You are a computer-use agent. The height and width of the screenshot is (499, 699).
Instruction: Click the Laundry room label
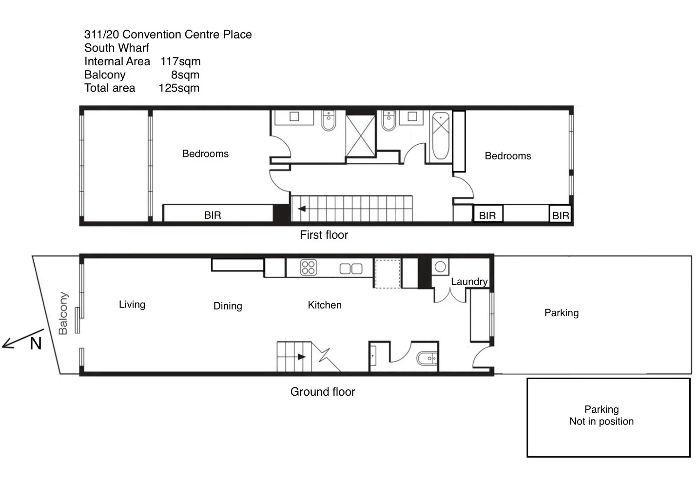(469, 282)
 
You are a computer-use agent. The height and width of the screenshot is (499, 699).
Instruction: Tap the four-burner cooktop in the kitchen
(308, 268)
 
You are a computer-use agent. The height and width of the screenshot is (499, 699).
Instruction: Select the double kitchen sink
(351, 269)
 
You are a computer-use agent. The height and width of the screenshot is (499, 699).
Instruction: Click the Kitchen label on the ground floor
(325, 305)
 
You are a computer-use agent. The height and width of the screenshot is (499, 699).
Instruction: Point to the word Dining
(228, 306)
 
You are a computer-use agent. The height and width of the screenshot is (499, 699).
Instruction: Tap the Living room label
(132, 305)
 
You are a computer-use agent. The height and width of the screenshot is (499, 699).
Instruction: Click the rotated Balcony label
(63, 313)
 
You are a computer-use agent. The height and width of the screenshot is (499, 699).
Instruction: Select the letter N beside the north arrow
(36, 344)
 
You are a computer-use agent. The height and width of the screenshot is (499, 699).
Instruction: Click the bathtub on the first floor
(441, 136)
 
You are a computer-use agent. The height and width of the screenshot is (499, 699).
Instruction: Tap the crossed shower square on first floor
(360, 136)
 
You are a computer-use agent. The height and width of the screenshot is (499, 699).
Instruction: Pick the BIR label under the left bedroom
(213, 215)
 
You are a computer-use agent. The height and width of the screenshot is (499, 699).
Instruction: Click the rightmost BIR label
(561, 215)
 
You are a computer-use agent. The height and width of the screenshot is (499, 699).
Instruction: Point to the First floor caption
(324, 235)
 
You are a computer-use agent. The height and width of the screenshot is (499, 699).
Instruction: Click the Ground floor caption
(323, 392)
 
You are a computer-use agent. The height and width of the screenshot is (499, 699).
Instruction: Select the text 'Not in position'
(602, 422)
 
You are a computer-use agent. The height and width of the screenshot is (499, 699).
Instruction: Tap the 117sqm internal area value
(180, 61)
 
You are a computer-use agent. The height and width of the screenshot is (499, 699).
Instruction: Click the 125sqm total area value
(179, 88)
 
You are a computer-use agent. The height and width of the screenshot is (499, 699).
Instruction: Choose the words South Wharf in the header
(116, 48)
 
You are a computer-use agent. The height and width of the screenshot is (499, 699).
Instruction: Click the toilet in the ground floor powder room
(427, 358)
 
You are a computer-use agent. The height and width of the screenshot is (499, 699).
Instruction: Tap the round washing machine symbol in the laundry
(440, 267)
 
